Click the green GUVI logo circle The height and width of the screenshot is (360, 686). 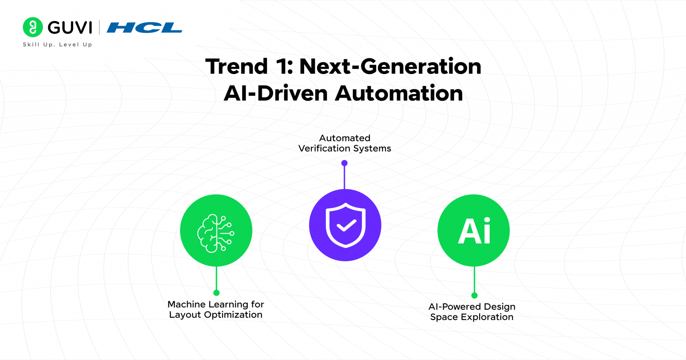[x=32, y=27]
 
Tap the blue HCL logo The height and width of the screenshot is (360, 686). [x=144, y=27]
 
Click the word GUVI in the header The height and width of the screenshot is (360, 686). [x=70, y=27]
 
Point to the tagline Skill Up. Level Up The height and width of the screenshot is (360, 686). [x=57, y=45]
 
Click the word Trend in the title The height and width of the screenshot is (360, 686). [x=236, y=66]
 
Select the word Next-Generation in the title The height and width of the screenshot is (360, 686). [x=390, y=66]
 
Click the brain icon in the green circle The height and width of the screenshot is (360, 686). [x=216, y=233]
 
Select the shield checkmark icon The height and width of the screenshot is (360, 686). [x=345, y=225]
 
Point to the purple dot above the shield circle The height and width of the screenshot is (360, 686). [x=344, y=163]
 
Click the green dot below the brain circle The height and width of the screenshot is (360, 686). [x=216, y=293]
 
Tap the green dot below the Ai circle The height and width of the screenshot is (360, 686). [x=474, y=295]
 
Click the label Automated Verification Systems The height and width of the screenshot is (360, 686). [x=345, y=143]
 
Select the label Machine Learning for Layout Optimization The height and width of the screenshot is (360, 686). [x=216, y=309]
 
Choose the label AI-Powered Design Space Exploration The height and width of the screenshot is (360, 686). [x=472, y=312]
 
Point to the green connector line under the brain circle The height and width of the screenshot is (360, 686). [x=216, y=279]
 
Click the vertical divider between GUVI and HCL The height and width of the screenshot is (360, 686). [x=99, y=27]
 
